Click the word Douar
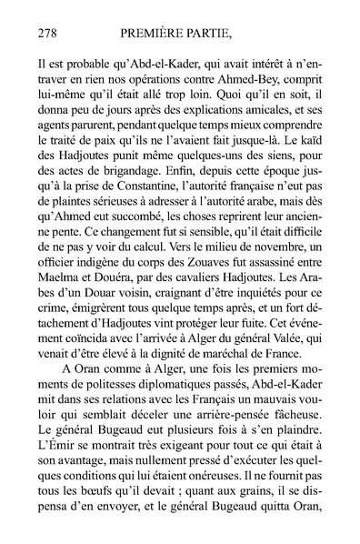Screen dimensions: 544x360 click(96, 310)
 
